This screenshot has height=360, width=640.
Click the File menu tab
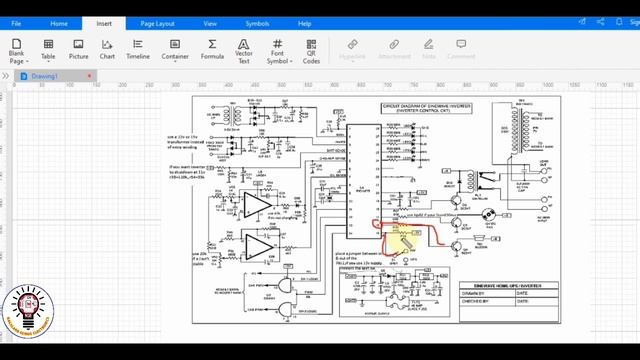pyautogui.click(x=16, y=22)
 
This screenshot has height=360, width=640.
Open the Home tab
pyautogui.click(x=60, y=22)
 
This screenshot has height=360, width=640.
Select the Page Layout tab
pyautogui.click(x=157, y=22)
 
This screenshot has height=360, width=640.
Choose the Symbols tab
pyautogui.click(x=257, y=22)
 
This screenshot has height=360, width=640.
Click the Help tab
pyautogui.click(x=304, y=22)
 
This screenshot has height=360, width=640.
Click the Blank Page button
pyautogui.click(x=17, y=50)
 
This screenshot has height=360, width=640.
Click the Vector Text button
pyautogui.click(x=244, y=50)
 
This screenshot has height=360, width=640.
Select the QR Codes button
pyautogui.click(x=312, y=50)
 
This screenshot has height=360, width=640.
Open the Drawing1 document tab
pyautogui.click(x=44, y=76)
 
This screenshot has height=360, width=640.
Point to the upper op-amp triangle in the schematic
pyautogui.click(x=256, y=205)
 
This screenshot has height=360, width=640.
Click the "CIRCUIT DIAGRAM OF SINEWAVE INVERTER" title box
pyautogui.click(x=427, y=107)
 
